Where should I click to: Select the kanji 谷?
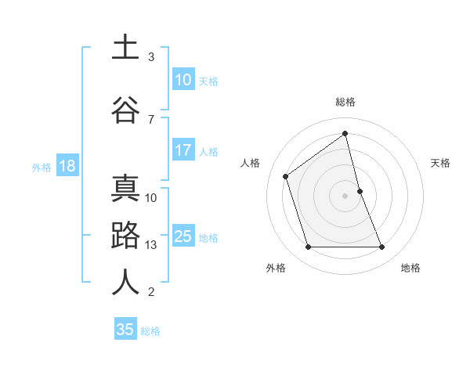[125, 109]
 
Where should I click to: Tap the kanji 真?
[125, 189]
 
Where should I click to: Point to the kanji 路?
[125, 236]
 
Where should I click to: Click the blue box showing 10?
[183, 80]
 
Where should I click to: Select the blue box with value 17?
[183, 151]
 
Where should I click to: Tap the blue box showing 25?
[183, 236]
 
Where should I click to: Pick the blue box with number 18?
[67, 166]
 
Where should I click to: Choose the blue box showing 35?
[125, 330]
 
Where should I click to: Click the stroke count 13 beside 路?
[151, 245]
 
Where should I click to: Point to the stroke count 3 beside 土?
[151, 57]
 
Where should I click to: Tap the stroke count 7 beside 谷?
[151, 119]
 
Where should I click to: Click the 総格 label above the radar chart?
[345, 102]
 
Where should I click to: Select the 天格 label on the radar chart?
[441, 163]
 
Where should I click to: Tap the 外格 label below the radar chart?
[276, 269]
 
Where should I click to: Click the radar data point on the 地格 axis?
[382, 247]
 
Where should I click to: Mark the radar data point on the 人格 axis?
[286, 176]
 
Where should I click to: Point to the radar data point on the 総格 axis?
[345, 134]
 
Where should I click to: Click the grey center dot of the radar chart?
[345, 195]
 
